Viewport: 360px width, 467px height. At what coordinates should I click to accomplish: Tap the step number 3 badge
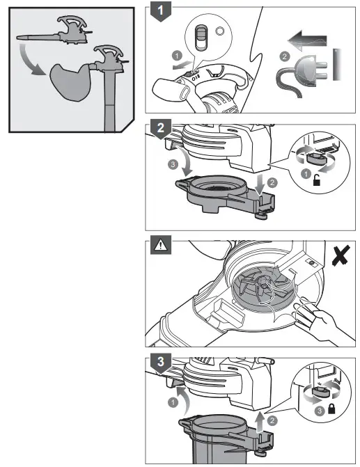[x=161, y=363]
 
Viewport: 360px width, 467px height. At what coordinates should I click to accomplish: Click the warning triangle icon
[x=159, y=244]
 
